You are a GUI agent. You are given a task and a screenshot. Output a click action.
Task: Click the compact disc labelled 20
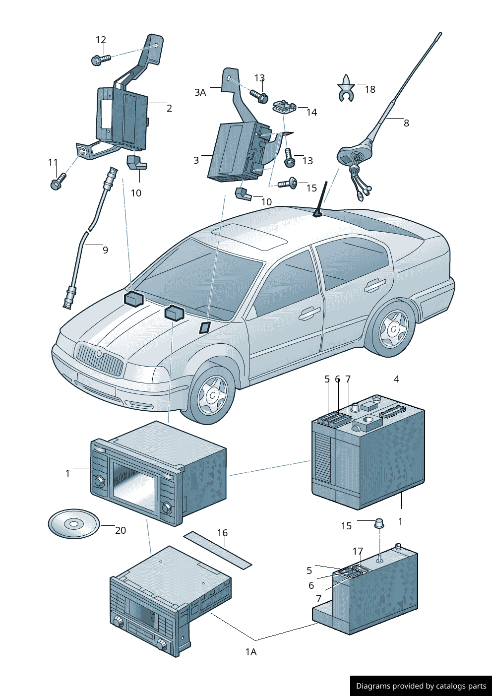[74, 523]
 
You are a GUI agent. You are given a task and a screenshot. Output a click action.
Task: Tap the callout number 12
[101, 40]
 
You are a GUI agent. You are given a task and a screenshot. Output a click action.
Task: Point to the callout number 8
[406, 123]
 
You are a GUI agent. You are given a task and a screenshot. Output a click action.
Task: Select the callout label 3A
[200, 92]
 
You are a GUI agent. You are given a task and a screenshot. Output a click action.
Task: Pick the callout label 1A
[251, 652]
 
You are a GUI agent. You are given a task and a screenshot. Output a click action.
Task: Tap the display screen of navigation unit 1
[134, 480]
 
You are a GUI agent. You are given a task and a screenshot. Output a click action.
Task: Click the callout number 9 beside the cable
[105, 250]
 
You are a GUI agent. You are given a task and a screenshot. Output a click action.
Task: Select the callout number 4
[396, 379]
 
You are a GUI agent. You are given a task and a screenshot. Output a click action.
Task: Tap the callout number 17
[358, 551]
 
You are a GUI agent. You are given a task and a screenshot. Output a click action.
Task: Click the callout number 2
[169, 108]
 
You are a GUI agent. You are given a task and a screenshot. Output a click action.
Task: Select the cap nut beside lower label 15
[379, 523]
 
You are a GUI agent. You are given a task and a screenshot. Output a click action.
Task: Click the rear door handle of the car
[374, 285]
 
